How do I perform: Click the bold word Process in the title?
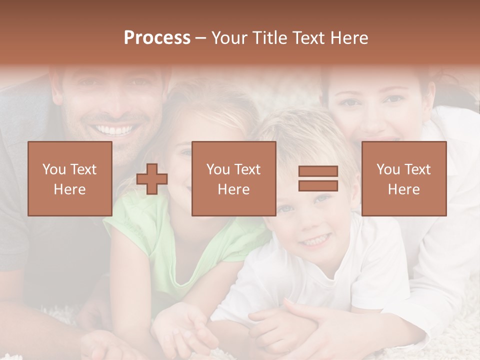pyautogui.click(x=157, y=38)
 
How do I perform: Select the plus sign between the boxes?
pyautogui.click(x=152, y=179)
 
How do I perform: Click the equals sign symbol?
pyautogui.click(x=318, y=178)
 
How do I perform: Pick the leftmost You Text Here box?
pyautogui.click(x=70, y=178)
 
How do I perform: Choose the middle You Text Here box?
pyautogui.click(x=233, y=178)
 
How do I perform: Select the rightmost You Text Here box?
pyautogui.click(x=404, y=178)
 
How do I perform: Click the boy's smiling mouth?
pyautogui.click(x=315, y=241)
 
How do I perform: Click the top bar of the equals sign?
pyautogui.click(x=318, y=171)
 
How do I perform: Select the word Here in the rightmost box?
pyautogui.click(x=404, y=189)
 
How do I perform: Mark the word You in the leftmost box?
pyautogui.click(x=53, y=169)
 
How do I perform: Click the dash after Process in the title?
pyautogui.click(x=201, y=38)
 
